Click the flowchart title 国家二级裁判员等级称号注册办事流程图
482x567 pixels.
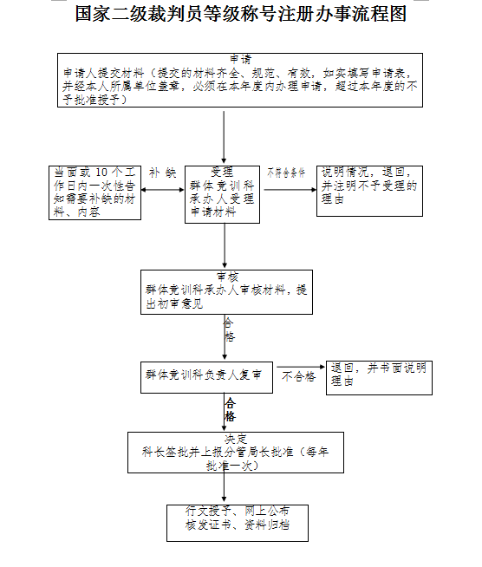[x=240, y=15]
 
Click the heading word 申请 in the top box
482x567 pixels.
[x=240, y=59]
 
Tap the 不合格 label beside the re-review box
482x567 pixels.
[x=298, y=376]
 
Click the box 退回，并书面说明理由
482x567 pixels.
[x=379, y=376]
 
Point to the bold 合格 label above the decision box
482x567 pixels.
[x=231, y=410]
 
